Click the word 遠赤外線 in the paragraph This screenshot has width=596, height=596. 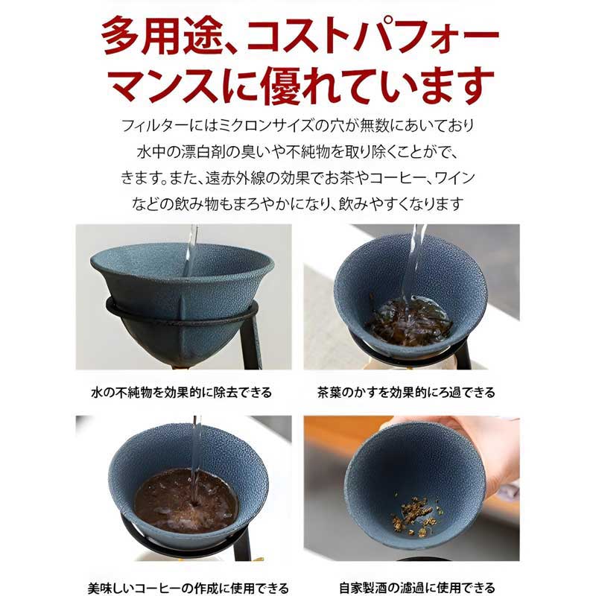click(x=235, y=178)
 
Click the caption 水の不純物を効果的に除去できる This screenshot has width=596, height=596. click(x=182, y=392)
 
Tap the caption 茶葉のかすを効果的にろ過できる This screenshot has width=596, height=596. click(x=406, y=392)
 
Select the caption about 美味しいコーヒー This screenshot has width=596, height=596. click(x=188, y=588)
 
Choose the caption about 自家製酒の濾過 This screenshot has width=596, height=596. click(x=417, y=588)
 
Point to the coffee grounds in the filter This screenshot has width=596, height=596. click(x=187, y=501)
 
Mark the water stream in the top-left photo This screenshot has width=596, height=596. click(x=191, y=251)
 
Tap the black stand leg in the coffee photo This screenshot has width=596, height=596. click(x=243, y=544)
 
